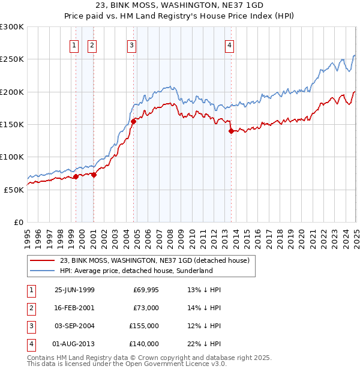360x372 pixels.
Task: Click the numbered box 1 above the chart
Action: [x=74, y=44]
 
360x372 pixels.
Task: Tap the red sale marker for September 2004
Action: [x=133, y=121]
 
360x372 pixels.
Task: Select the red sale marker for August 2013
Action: [x=230, y=131]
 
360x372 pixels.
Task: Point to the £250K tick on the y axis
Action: [x=11, y=59]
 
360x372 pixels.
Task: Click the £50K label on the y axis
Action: [x=14, y=190]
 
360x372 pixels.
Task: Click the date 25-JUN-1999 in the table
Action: [x=74, y=290]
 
